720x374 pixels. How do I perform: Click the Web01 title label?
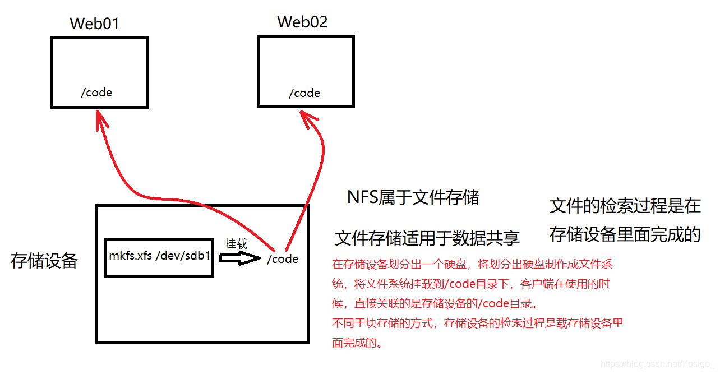(95, 24)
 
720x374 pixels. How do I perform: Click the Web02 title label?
(302, 22)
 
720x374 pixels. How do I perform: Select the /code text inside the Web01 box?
(96, 93)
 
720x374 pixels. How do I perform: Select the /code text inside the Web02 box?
(304, 93)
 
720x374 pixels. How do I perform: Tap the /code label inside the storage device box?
(283, 259)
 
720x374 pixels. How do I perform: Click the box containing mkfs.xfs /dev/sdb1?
(159, 257)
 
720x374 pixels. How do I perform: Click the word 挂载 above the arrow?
(236, 244)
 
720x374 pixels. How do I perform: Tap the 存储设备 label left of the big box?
(44, 261)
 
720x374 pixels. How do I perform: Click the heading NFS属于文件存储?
(413, 197)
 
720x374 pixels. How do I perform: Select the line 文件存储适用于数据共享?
(427, 238)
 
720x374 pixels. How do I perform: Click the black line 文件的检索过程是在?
(625, 206)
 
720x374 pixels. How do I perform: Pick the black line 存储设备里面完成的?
(625, 234)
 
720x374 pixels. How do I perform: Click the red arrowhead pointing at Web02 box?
(308, 118)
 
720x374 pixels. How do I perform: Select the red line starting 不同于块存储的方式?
(478, 324)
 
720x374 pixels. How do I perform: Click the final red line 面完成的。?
(358, 343)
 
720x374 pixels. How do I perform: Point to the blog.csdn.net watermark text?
(657, 364)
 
